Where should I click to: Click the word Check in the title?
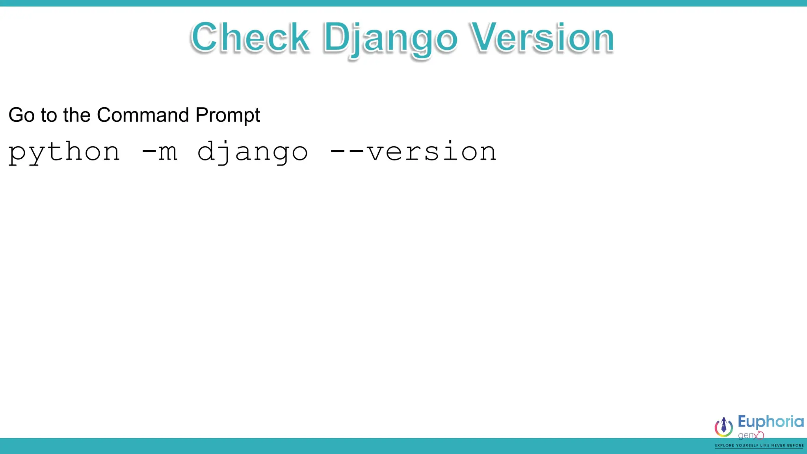pyautogui.click(x=250, y=37)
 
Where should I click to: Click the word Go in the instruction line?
pyautogui.click(x=21, y=115)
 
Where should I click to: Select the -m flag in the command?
pyautogui.click(x=159, y=152)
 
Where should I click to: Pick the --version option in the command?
pyautogui.click(x=413, y=152)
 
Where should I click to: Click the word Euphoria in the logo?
pyautogui.click(x=770, y=422)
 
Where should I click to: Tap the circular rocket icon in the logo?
pyautogui.click(x=724, y=427)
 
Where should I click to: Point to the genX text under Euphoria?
pyautogui.click(x=750, y=435)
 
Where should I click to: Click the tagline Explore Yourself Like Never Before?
pyautogui.click(x=759, y=445)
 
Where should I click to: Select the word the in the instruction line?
pyautogui.click(x=76, y=115)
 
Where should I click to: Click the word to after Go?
pyautogui.click(x=49, y=115)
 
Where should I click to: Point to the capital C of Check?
pyautogui.click(x=205, y=37)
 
